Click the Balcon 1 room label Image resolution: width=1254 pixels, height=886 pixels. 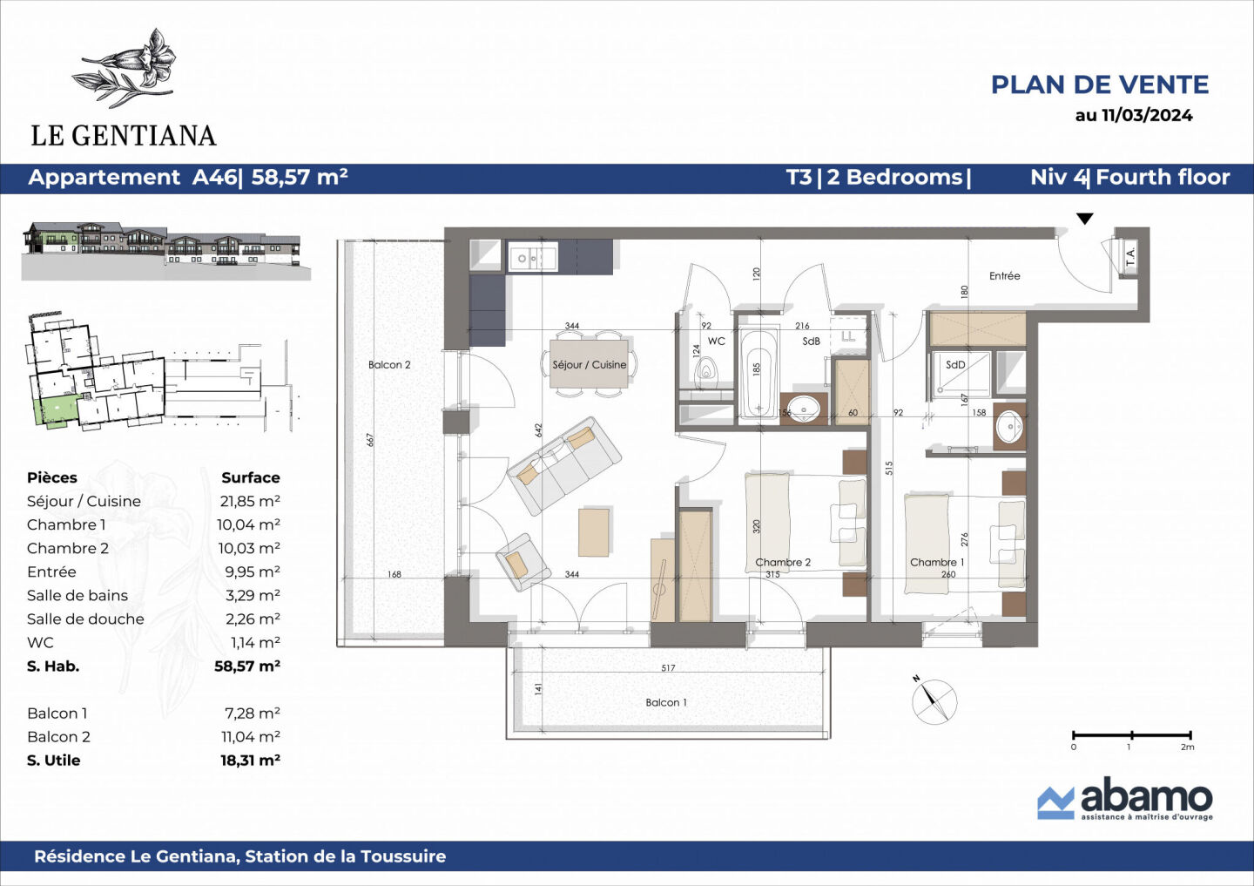[x=666, y=702]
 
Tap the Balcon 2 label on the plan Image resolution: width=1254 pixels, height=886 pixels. [x=389, y=365]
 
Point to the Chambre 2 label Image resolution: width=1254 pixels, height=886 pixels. [x=783, y=562]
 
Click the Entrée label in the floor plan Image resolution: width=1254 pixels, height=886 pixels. [x=1004, y=276]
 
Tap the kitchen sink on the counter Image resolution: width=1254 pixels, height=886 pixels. [x=531, y=259]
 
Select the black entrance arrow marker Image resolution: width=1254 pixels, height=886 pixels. [x=1084, y=219]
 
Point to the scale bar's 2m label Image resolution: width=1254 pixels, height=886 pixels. [x=1187, y=747]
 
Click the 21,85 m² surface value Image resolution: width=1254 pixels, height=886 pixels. [x=250, y=501]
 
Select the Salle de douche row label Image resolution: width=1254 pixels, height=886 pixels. [x=85, y=619]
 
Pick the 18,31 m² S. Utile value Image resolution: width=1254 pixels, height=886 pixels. [x=250, y=760]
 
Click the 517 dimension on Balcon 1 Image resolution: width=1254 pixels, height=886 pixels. [x=668, y=668]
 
